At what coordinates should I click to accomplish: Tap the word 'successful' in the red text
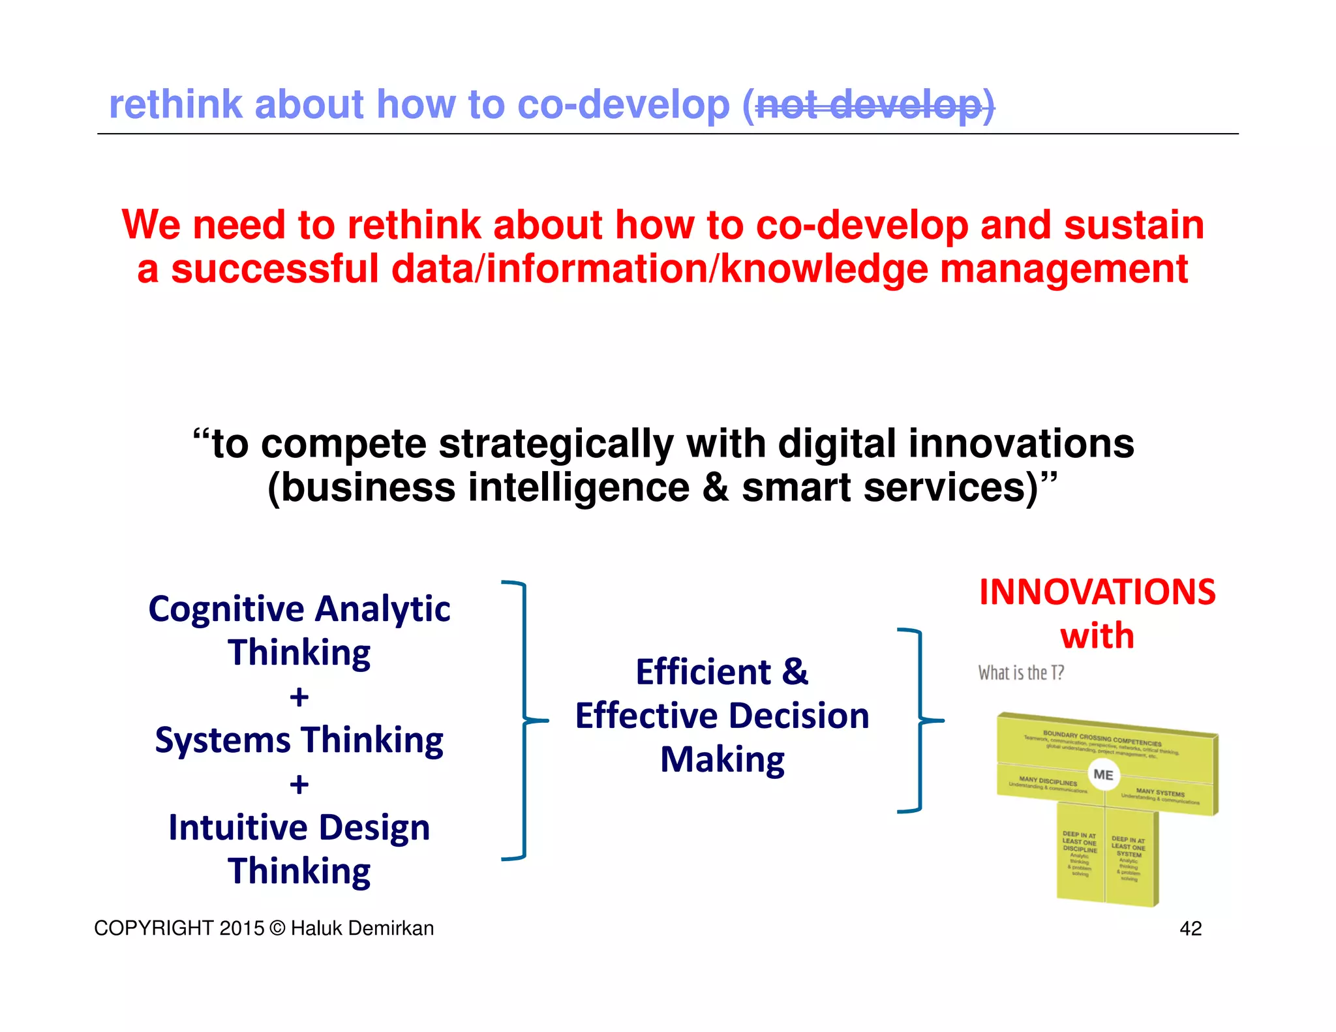pos(275,269)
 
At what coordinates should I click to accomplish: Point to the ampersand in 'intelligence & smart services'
pos(716,489)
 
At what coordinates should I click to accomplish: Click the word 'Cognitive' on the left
pos(226,610)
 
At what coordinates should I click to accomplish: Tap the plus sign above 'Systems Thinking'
pos(299,697)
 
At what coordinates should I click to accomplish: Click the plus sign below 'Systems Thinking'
pos(299,785)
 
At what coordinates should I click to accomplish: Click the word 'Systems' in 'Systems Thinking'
pos(222,741)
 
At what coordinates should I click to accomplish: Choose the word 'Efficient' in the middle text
pos(703,672)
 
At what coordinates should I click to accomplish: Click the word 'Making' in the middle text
pos(722,760)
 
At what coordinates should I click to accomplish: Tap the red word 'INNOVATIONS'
pos(1097,592)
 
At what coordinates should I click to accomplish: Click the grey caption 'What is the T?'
pos(1021,673)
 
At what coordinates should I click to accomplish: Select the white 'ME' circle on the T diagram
pos(1103,775)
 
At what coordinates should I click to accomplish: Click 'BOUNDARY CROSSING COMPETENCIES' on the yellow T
pos(1102,738)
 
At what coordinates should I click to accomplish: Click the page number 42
pos(1191,928)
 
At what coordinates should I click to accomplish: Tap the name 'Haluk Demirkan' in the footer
pos(362,928)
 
